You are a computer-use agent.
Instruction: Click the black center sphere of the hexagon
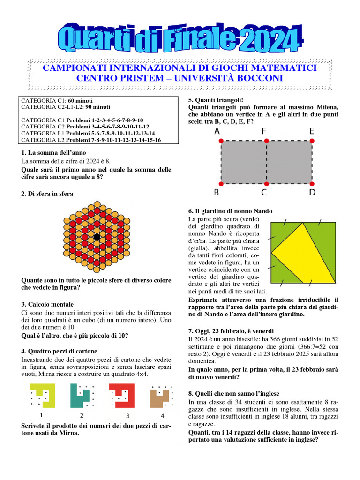tap(97, 237)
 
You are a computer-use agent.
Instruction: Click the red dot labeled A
tap(221, 140)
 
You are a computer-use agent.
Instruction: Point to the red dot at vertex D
tap(312, 184)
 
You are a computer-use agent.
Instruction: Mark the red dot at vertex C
tap(266, 184)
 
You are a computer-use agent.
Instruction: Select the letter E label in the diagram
tap(312, 131)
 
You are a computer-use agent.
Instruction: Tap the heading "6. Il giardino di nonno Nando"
tap(230, 211)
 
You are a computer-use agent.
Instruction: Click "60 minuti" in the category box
tap(80, 100)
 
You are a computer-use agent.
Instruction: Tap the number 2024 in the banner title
tap(262, 41)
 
